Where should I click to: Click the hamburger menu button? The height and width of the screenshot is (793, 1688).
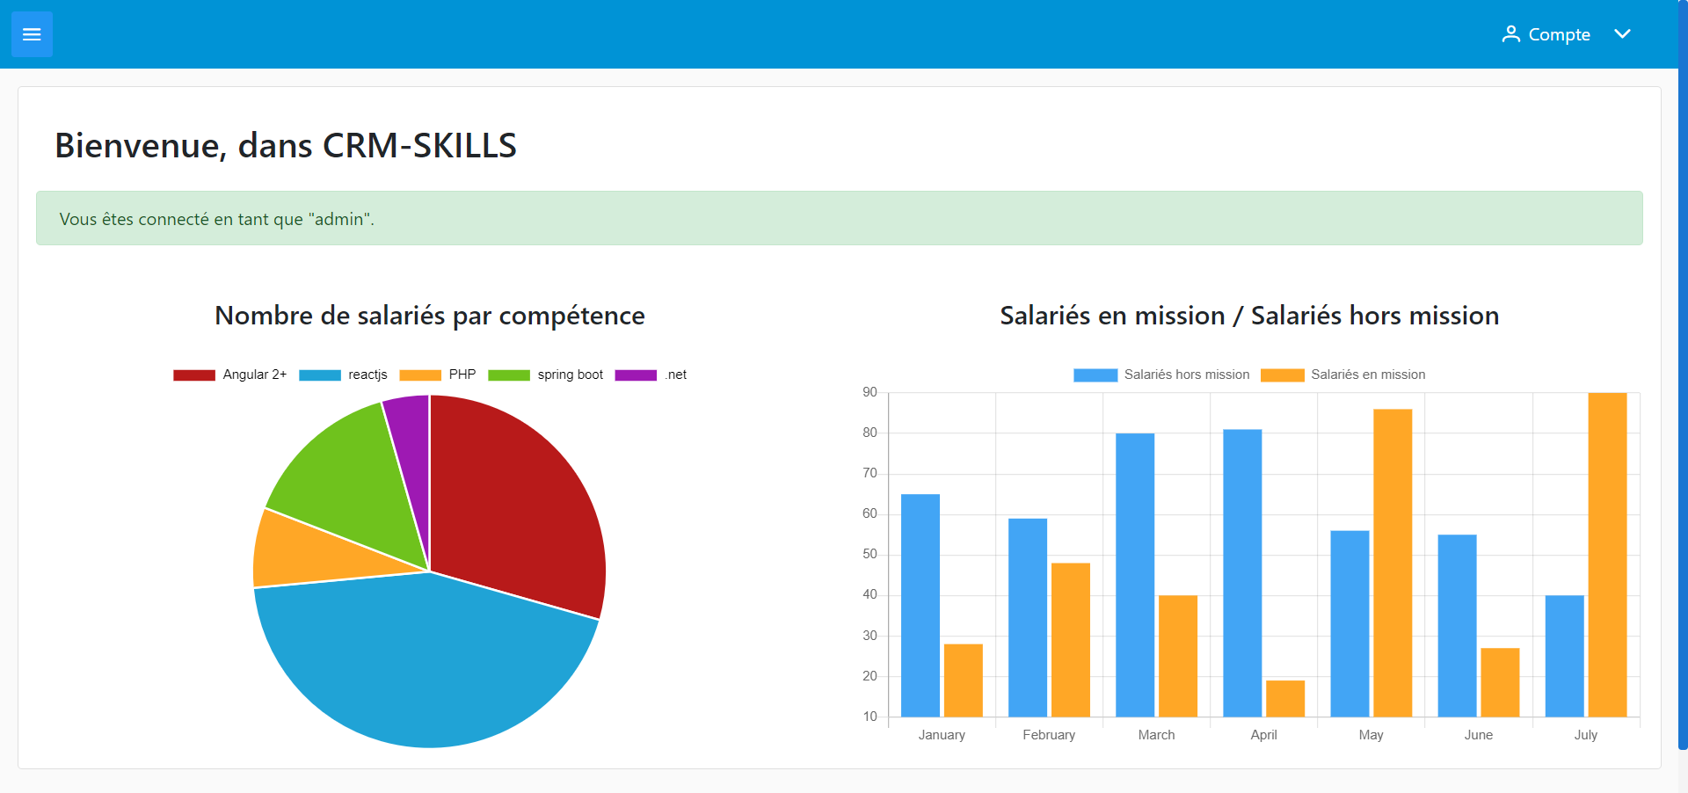(x=32, y=34)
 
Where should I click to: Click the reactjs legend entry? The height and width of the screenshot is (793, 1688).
(x=344, y=375)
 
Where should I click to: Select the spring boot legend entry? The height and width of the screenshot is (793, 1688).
(x=546, y=375)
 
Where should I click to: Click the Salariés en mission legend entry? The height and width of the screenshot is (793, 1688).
(x=1343, y=375)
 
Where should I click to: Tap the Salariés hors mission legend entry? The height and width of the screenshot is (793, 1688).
(x=1161, y=375)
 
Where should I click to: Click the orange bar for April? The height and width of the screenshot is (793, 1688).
(x=1284, y=698)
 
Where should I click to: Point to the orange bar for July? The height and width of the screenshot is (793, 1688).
(x=1607, y=554)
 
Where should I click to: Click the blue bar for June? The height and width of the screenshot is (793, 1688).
(x=1457, y=625)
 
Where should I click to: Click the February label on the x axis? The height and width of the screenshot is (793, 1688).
(x=1049, y=735)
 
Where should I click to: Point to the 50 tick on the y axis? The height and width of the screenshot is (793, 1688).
(x=869, y=554)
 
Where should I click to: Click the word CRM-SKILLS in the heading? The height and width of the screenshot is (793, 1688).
(x=419, y=146)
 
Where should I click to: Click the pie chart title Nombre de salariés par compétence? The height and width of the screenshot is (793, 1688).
(x=430, y=316)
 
